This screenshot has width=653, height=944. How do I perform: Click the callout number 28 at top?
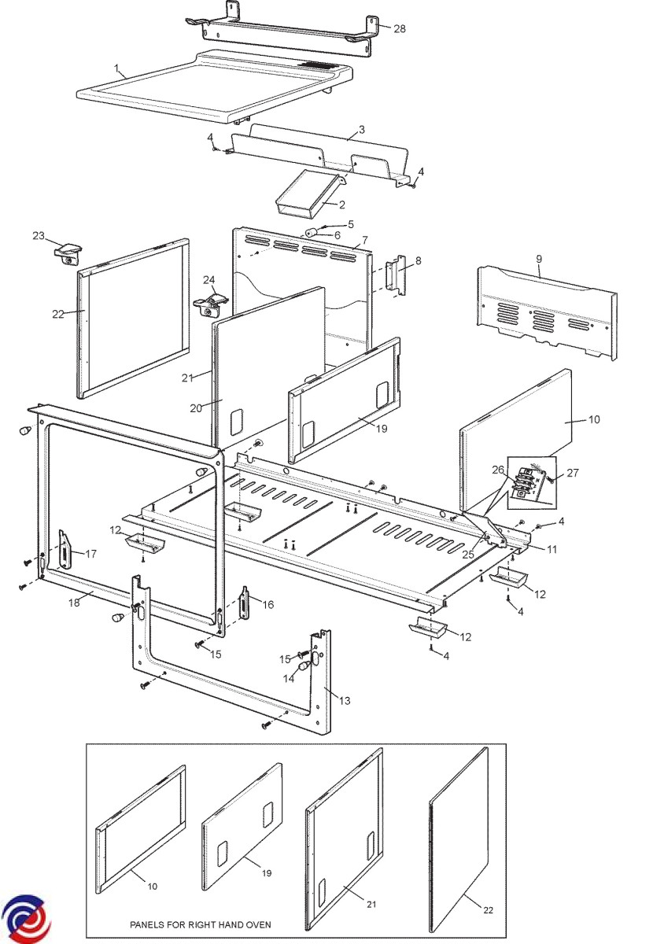tap(400, 29)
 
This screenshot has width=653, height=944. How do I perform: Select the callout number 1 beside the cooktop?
tap(116, 69)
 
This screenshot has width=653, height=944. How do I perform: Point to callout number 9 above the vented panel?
tap(539, 259)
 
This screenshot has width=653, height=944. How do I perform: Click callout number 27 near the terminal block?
tap(572, 473)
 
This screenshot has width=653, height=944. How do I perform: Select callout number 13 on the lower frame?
tap(345, 699)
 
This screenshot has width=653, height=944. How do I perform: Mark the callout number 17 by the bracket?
tap(91, 554)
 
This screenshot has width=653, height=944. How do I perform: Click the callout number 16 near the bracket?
tap(268, 604)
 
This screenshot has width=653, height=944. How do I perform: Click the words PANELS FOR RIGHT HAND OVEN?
tap(201, 924)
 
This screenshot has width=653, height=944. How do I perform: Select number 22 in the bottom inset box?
tap(488, 910)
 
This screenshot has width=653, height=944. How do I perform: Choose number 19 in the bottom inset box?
tap(267, 873)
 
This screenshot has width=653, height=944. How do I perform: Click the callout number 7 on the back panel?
tap(365, 238)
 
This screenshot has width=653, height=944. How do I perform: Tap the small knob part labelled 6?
tap(312, 233)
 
